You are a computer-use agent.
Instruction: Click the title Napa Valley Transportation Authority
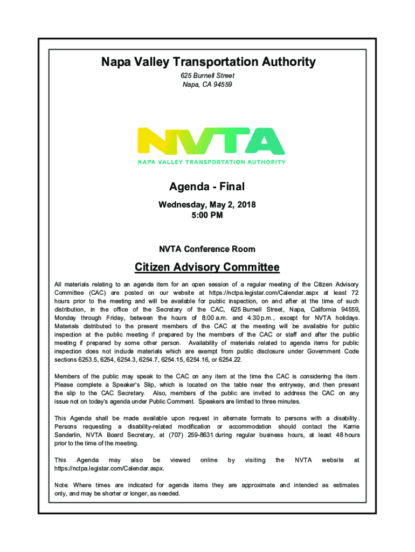pyautogui.click(x=207, y=63)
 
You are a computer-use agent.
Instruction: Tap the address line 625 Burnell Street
pyautogui.click(x=207, y=75)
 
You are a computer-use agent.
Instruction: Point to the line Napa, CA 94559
pyautogui.click(x=207, y=85)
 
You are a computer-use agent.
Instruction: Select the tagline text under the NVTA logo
pyautogui.click(x=211, y=162)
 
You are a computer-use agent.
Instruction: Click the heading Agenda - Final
pyautogui.click(x=207, y=187)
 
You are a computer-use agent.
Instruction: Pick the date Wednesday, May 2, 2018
pyautogui.click(x=207, y=205)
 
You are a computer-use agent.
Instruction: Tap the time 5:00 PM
pyautogui.click(x=207, y=215)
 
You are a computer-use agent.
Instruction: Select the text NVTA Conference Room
pyautogui.click(x=207, y=249)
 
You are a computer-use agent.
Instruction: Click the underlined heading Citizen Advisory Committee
pyautogui.click(x=207, y=267)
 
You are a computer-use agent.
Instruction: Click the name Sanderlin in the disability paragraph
pyautogui.click(x=70, y=435)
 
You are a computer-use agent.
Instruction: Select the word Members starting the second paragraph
pyautogui.click(x=68, y=376)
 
